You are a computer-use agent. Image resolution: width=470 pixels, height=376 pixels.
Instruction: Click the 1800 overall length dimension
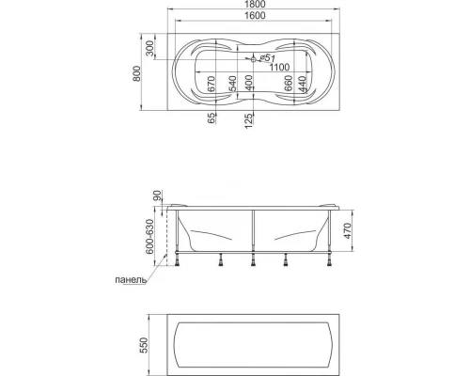[254, 5]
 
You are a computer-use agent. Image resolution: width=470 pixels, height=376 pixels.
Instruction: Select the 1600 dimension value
[254, 15]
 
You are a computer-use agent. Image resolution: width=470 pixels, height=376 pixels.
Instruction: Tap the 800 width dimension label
[137, 73]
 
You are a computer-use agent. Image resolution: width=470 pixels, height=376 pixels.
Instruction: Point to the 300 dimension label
[150, 48]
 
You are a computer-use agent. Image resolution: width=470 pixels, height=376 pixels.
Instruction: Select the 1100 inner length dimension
[279, 67]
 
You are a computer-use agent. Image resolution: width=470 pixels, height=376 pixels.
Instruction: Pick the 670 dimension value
[211, 84]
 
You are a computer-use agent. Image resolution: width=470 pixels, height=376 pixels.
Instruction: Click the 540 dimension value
[232, 84]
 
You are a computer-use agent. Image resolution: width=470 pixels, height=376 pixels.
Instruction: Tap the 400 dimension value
[248, 83]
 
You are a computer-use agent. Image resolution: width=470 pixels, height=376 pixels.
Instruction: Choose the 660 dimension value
[289, 83]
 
